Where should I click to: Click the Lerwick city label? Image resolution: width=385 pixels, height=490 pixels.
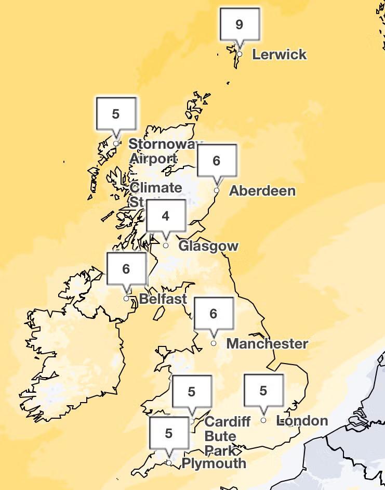pyautogui.click(x=279, y=55)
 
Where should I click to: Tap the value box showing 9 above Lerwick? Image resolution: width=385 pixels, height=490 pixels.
pyautogui.click(x=239, y=24)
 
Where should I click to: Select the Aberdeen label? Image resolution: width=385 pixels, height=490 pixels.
pyautogui.click(x=262, y=191)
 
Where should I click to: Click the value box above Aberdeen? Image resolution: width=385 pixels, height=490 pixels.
pyautogui.click(x=217, y=161)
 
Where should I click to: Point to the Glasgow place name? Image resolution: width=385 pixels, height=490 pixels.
pyautogui.click(x=208, y=246)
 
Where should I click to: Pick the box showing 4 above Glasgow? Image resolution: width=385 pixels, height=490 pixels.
pyautogui.click(x=166, y=216)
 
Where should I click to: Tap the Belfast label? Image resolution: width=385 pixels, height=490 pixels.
pyautogui.click(x=163, y=299)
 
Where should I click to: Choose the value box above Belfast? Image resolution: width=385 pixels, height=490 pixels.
pyautogui.click(x=126, y=269)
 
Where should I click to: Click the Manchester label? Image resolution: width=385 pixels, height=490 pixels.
pyautogui.click(x=267, y=344)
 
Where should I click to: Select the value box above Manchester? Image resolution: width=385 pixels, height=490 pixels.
pyautogui.click(x=213, y=314)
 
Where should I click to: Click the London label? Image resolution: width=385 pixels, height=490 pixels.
pyautogui.click(x=302, y=421)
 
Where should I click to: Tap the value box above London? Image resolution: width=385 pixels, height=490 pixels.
pyautogui.click(x=263, y=391)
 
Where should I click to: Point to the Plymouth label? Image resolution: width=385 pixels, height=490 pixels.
pyautogui.click(x=214, y=463)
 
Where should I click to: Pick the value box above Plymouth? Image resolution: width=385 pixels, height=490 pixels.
pyautogui.click(x=168, y=433)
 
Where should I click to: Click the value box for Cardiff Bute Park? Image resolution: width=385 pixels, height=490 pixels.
pyautogui.click(x=192, y=392)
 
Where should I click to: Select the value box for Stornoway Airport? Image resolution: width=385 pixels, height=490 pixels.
pyautogui.click(x=116, y=114)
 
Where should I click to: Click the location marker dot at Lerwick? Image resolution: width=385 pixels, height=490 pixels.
pyautogui.click(x=240, y=54)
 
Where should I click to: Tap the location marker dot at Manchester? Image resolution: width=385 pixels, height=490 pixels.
pyautogui.click(x=214, y=343)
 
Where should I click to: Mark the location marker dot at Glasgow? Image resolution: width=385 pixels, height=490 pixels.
pyautogui.click(x=166, y=246)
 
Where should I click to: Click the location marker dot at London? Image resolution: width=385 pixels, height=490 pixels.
pyautogui.click(x=263, y=420)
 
